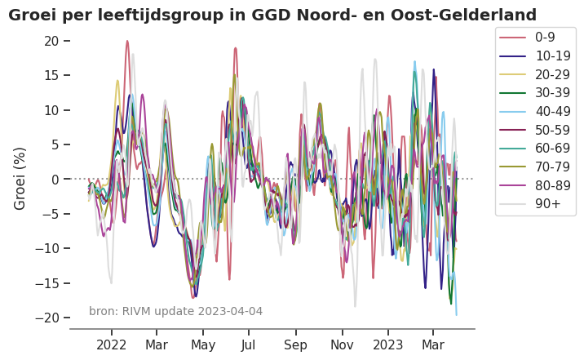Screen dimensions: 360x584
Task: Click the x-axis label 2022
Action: coord(112,345)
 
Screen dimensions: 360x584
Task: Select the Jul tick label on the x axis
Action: coord(248,345)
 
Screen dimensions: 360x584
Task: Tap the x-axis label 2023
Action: coord(387,345)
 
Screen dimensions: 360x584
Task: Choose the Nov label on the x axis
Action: coord(343,345)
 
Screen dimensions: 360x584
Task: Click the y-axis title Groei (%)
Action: coord(20,178)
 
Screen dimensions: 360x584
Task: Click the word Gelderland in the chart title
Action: coord(489,15)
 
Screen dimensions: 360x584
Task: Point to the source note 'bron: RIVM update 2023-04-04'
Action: coord(176,311)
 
